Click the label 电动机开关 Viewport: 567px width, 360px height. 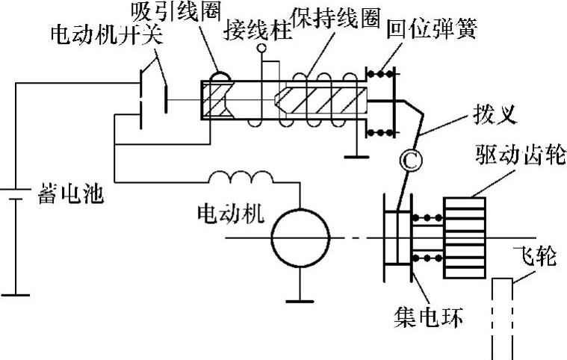tap(102, 35)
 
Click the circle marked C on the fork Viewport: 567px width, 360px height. tap(409, 159)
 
